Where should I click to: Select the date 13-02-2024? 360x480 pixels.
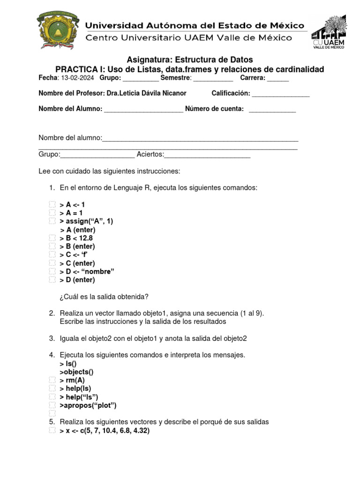pyautogui.click(x=77, y=78)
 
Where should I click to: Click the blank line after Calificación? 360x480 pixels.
pyautogui.click(x=281, y=94)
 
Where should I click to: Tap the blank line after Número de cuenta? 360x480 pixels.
pyautogui.click(x=272, y=109)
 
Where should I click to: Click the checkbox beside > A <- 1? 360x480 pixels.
pyautogui.click(x=52, y=205)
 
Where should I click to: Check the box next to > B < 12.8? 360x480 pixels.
pyautogui.click(x=52, y=238)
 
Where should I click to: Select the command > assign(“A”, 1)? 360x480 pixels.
pyautogui.click(x=87, y=221)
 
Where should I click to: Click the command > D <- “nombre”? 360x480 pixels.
pyautogui.click(x=87, y=271)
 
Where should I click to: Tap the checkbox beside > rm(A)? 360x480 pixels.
pyautogui.click(x=52, y=380)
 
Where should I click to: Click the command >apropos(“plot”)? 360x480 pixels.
pyautogui.click(x=88, y=405)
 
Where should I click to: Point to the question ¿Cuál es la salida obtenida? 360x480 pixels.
pyautogui.click(x=104, y=296)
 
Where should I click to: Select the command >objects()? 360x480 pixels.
pyautogui.click(x=76, y=372)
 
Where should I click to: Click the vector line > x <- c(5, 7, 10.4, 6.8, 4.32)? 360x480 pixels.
pyautogui.click(x=105, y=430)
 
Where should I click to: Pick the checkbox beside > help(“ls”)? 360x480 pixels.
pyautogui.click(x=52, y=397)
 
